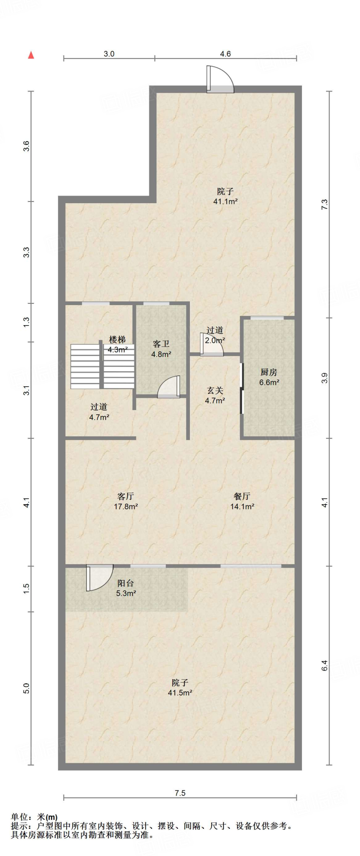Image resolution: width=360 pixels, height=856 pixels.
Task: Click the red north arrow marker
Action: coord(31,55)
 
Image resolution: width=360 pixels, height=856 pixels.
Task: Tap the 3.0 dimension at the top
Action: coord(109,53)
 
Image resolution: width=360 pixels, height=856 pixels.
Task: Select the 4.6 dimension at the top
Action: coord(225,53)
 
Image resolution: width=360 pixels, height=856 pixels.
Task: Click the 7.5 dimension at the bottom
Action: coord(180,793)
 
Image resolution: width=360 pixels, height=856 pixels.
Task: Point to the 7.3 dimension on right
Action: coord(324,204)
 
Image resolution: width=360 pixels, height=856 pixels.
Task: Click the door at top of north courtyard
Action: coord(220,79)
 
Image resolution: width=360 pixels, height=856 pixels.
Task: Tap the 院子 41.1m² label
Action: coord(225,196)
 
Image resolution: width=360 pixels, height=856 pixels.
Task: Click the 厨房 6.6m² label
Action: coord(269,377)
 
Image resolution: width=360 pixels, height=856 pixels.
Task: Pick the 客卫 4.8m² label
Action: coord(161,349)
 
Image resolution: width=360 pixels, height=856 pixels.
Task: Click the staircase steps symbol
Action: coord(102,366)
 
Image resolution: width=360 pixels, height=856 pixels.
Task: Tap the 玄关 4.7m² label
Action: coord(215,395)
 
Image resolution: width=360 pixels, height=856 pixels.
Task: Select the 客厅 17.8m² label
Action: coord(125,501)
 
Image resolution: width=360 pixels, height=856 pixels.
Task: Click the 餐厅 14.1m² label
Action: coord(242,501)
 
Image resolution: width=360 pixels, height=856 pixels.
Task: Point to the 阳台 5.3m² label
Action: coord(125,588)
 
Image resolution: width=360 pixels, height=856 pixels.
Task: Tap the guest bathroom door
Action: coord(169,387)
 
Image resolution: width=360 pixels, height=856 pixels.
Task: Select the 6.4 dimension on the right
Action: coord(324,665)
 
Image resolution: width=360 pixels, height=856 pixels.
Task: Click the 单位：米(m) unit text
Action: coord(34,817)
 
